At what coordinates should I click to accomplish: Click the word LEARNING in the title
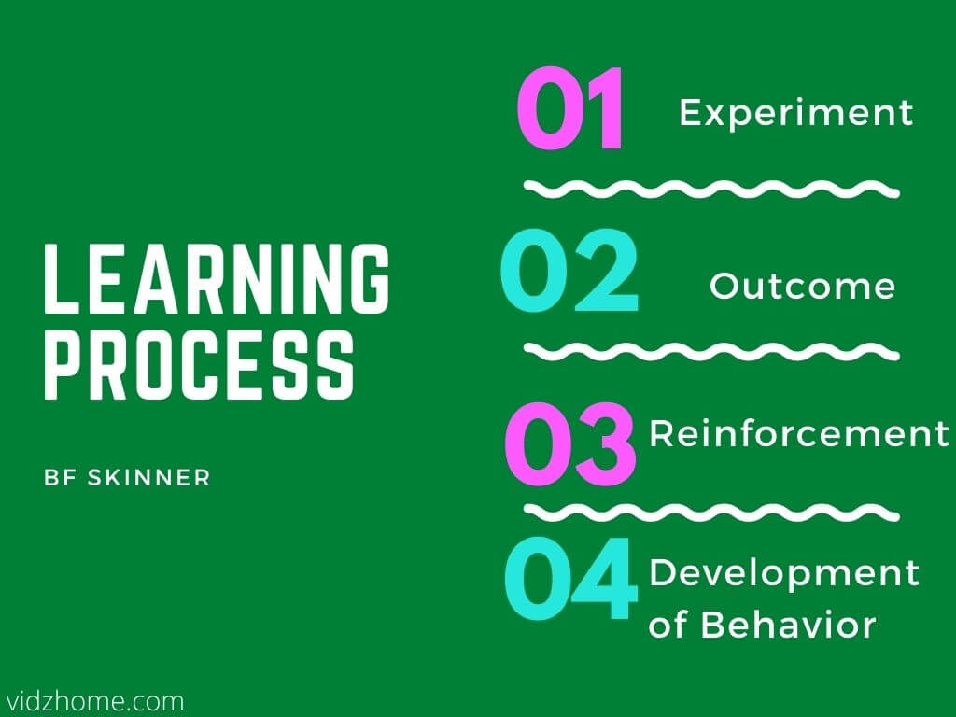pyautogui.click(x=217, y=278)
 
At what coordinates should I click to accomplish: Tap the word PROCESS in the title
pyautogui.click(x=199, y=365)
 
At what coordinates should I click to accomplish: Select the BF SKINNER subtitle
pyautogui.click(x=127, y=477)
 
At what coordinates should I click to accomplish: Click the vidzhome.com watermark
pyautogui.click(x=92, y=701)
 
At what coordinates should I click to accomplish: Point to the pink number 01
pyautogui.click(x=569, y=108)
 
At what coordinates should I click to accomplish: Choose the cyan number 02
pyautogui.click(x=569, y=270)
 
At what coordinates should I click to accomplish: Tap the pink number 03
pyautogui.click(x=570, y=443)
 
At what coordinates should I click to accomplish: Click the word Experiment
pyautogui.click(x=796, y=113)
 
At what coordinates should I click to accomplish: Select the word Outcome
pyautogui.click(x=802, y=286)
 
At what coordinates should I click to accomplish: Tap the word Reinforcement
pyautogui.click(x=799, y=433)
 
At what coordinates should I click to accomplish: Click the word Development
pyautogui.click(x=784, y=574)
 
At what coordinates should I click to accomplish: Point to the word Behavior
pyautogui.click(x=788, y=625)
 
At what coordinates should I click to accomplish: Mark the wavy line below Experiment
pyautogui.click(x=711, y=190)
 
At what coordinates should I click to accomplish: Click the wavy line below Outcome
pyautogui.click(x=711, y=352)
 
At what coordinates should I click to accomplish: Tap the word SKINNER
pyautogui.click(x=148, y=477)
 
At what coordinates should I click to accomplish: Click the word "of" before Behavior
pyautogui.click(x=668, y=625)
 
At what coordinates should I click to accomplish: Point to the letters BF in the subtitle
pyautogui.click(x=60, y=477)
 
